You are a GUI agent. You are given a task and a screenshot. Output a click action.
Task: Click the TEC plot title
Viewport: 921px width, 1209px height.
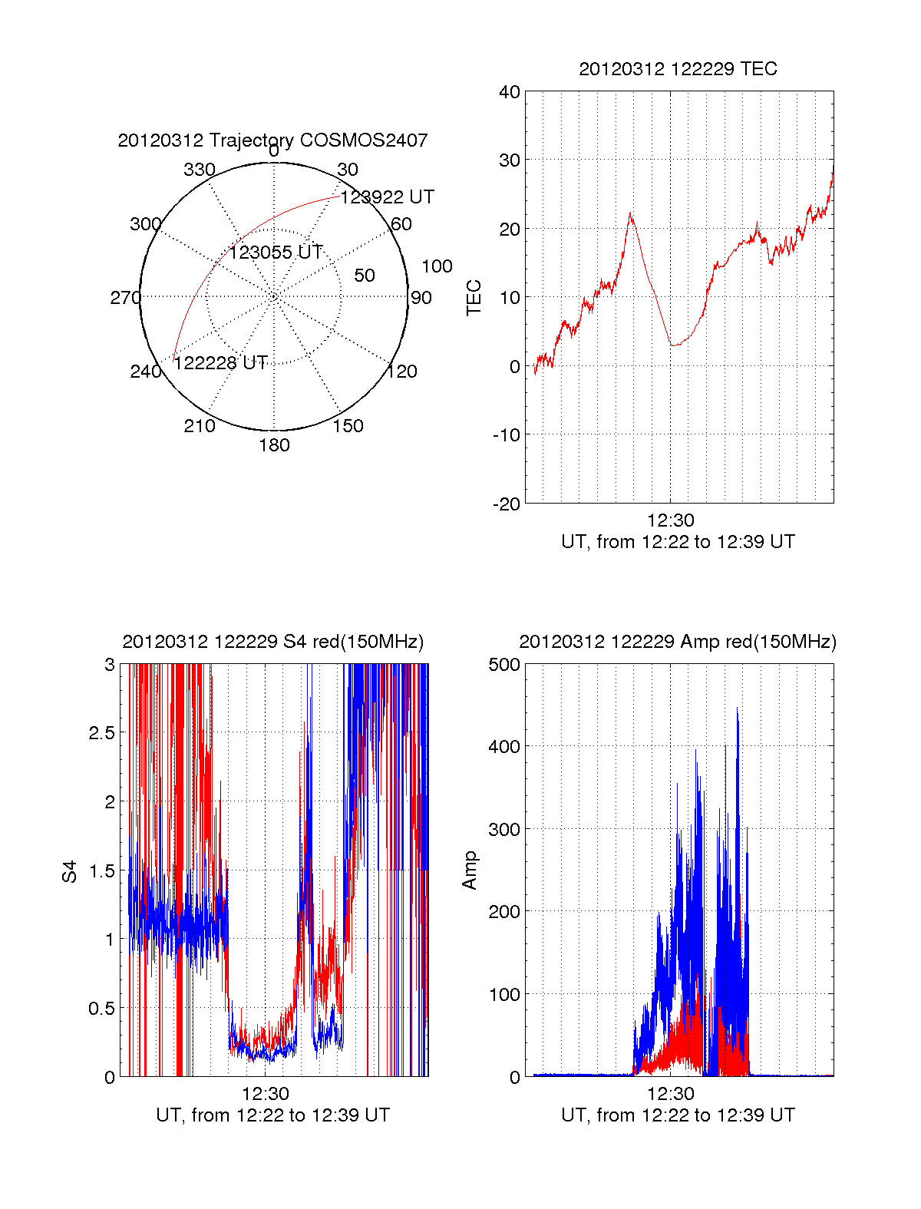[x=678, y=69]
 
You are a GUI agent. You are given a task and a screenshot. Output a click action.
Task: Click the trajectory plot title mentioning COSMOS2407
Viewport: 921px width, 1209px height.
[x=272, y=140]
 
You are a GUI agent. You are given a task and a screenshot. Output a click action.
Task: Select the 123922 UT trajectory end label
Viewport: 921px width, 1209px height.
[x=387, y=197]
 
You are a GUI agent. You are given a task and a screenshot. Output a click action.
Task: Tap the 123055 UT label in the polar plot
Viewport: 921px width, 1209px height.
[x=276, y=253]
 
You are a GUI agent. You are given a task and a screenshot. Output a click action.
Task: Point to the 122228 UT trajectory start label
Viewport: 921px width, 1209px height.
[x=221, y=363]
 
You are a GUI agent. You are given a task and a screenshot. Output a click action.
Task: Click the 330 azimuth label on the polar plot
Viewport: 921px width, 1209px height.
[x=200, y=170]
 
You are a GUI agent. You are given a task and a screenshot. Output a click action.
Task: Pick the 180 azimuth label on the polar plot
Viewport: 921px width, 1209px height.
[x=274, y=445]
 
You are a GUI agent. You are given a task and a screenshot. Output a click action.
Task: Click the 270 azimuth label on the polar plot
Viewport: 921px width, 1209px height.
[x=125, y=298]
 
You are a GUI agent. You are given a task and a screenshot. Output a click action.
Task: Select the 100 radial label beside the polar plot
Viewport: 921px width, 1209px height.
[x=437, y=266]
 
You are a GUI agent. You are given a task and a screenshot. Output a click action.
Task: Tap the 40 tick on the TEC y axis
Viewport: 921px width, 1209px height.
[x=510, y=92]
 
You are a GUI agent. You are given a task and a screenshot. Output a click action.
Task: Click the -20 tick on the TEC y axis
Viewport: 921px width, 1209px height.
[x=507, y=504]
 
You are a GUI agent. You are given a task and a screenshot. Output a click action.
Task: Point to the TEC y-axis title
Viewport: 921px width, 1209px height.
[x=474, y=298]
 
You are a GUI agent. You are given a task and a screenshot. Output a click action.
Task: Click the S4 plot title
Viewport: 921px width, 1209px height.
[x=272, y=642]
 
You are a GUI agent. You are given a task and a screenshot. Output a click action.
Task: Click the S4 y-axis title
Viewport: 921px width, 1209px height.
[x=70, y=871]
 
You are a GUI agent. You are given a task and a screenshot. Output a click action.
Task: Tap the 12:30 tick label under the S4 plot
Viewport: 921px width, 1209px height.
[x=266, y=1093]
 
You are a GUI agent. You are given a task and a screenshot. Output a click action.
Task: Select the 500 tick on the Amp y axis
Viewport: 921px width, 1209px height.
[x=504, y=665]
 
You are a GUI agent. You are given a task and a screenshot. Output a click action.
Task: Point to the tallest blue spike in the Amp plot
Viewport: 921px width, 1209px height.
[x=737, y=709]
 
